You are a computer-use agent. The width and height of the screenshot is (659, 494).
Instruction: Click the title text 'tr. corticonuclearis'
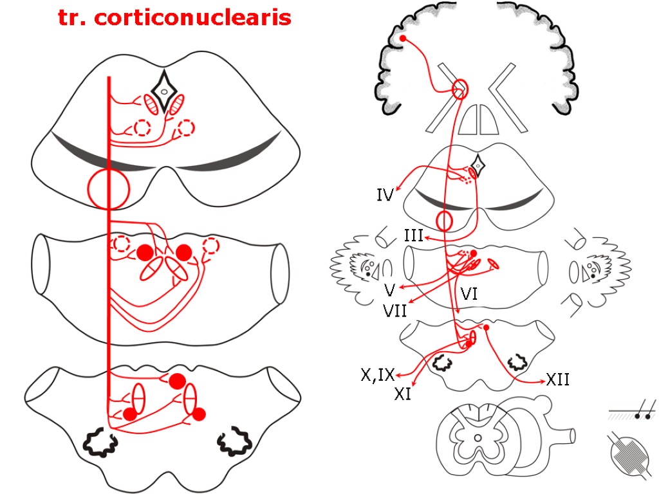[174, 17]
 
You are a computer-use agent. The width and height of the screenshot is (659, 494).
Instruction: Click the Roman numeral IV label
[385, 194]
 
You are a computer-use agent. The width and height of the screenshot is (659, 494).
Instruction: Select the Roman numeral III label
[413, 236]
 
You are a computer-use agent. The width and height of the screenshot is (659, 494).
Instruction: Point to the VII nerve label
[395, 310]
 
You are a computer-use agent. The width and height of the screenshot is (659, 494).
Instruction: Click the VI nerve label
[469, 295]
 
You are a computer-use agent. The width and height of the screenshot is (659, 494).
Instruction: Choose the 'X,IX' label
[378, 374]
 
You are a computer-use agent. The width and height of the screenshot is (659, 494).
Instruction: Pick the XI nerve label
[403, 393]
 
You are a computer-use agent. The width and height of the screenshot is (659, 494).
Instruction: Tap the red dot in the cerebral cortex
[403, 39]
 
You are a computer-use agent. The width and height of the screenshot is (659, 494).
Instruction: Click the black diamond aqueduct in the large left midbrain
[164, 92]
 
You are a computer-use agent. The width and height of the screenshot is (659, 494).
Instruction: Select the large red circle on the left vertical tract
[109, 189]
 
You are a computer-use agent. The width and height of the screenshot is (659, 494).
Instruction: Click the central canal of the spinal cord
[477, 438]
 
